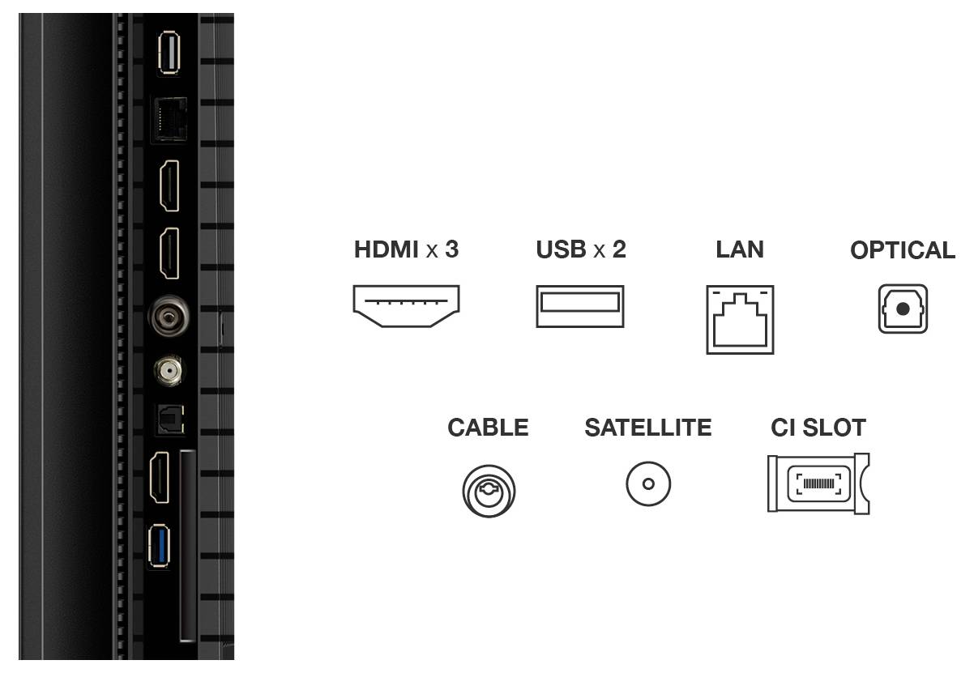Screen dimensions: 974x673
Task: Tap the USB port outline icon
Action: [x=579, y=306]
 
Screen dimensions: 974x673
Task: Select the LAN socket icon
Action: [x=740, y=319]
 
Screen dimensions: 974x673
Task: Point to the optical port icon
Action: [x=903, y=309]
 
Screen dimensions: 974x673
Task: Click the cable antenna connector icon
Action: [x=489, y=489]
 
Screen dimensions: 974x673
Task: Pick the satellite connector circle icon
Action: [x=648, y=484]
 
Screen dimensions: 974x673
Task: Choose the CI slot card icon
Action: [x=818, y=483]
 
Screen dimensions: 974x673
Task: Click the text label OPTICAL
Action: [x=903, y=251]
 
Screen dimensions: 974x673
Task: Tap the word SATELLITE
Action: [x=648, y=428]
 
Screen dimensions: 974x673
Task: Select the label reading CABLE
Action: [x=488, y=428]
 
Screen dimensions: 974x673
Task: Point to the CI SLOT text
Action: [x=818, y=428]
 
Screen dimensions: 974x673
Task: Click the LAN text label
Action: [x=740, y=249]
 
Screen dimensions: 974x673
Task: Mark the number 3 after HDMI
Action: [x=451, y=249]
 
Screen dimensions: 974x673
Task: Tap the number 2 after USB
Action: [x=619, y=249]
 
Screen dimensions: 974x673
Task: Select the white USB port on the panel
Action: [x=169, y=53]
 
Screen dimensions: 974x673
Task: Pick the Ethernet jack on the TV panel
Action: [x=170, y=119]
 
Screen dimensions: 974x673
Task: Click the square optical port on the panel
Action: [x=170, y=417]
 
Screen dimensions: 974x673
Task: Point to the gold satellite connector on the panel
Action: [x=169, y=371]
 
